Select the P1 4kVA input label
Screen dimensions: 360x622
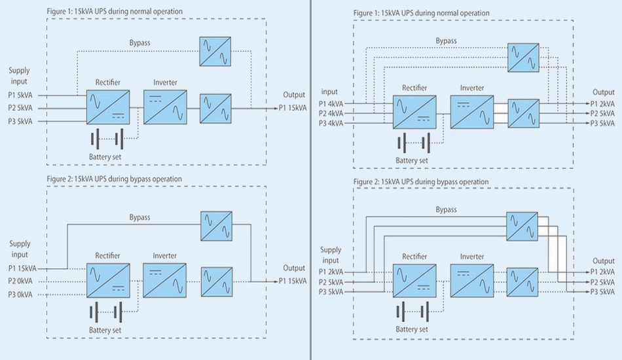[331, 103]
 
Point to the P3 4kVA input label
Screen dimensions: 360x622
[331, 124]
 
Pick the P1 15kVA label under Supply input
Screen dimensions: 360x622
[23, 268]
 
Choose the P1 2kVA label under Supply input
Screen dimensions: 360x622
[331, 272]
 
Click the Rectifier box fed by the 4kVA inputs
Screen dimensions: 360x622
[414, 113]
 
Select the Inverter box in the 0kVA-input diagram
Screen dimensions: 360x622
[164, 281]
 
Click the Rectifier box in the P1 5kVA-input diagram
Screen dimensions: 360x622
[108, 107]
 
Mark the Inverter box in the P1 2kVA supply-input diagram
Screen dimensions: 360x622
[471, 282]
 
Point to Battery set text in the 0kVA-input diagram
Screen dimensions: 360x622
[105, 331]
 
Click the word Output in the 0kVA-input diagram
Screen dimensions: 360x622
[294, 268]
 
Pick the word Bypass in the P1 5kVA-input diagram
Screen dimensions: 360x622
[139, 43]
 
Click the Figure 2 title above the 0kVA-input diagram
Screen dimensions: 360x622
[115, 179]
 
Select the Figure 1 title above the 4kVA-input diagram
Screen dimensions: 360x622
[421, 13]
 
